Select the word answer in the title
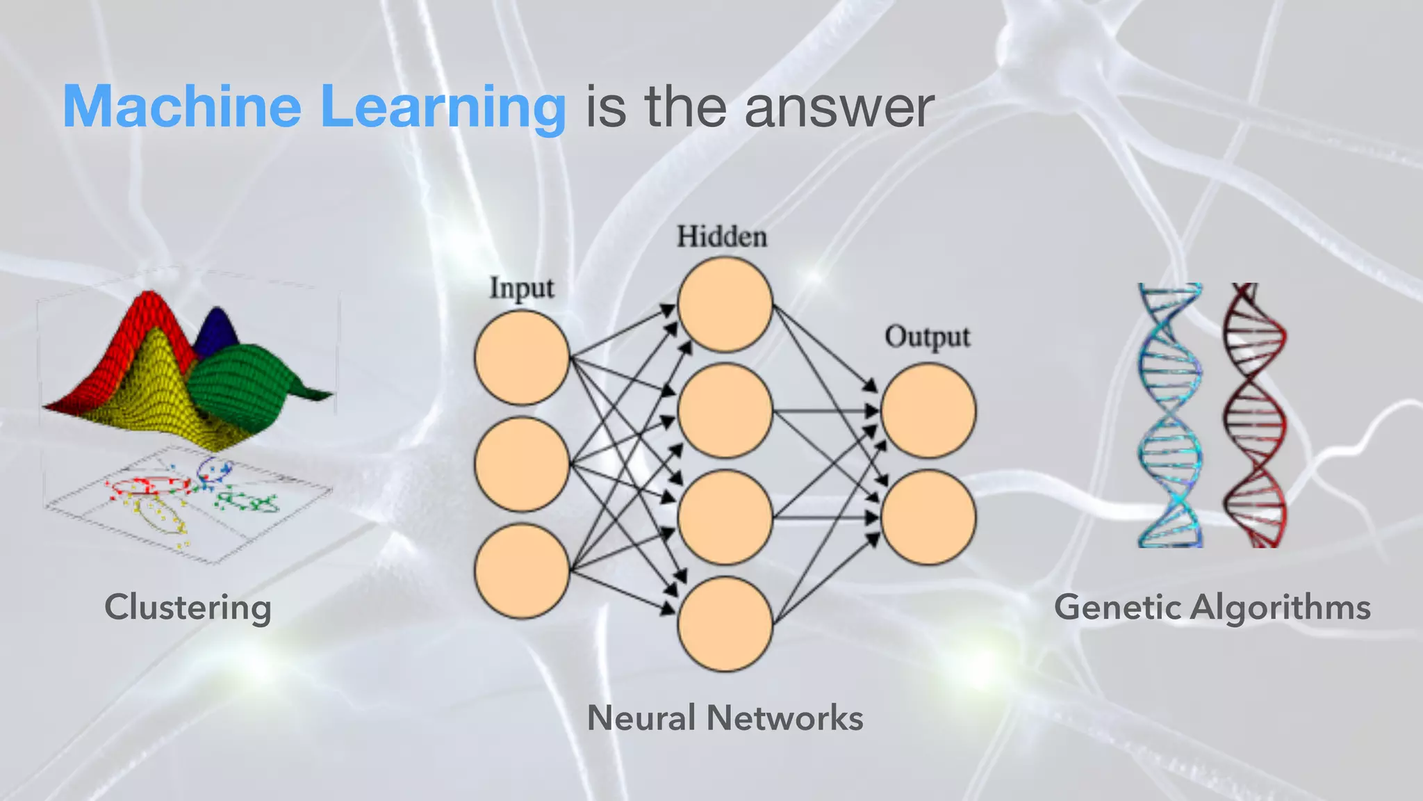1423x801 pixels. (x=839, y=108)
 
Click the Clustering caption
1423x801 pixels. (x=188, y=607)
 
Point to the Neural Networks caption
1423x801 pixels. (x=725, y=718)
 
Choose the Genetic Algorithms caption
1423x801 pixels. (x=1212, y=607)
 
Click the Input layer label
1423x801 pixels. (x=522, y=288)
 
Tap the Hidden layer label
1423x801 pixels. (x=722, y=236)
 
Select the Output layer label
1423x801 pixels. (x=927, y=337)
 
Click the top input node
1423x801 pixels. (x=522, y=357)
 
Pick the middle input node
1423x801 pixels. (x=522, y=464)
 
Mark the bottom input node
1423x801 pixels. (x=522, y=571)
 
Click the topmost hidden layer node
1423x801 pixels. (x=725, y=305)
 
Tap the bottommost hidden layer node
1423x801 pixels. (x=725, y=624)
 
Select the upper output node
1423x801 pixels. (x=928, y=411)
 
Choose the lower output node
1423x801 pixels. (x=928, y=517)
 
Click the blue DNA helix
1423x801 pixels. (x=1170, y=415)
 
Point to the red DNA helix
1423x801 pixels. (x=1254, y=415)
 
